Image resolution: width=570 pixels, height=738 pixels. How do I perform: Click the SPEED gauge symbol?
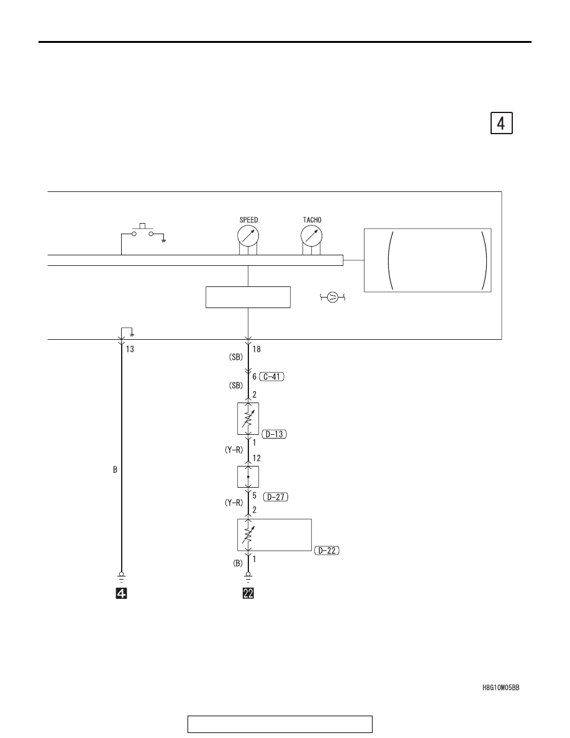coord(248,235)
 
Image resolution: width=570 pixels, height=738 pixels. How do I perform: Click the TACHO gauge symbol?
coord(311,235)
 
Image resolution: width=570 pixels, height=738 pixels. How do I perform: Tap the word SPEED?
coord(249,220)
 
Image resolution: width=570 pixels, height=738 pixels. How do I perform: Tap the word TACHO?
coord(312,220)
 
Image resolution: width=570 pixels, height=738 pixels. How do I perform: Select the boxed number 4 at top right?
coord(501,124)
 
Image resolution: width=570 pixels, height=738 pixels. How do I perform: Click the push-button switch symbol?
coord(143,230)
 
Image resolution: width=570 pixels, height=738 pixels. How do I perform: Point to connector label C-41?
coord(272,376)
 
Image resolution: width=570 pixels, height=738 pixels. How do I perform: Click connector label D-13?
coord(274,434)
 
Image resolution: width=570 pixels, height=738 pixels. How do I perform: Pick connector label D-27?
coord(276,496)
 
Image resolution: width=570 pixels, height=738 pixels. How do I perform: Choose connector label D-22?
coord(327,550)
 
